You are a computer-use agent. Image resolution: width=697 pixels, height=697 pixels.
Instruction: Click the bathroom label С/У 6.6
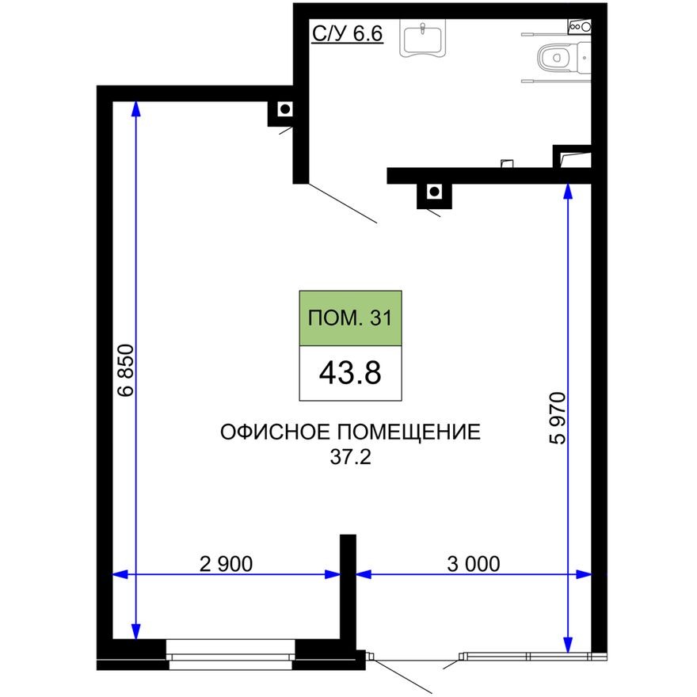pyautogui.click(x=347, y=36)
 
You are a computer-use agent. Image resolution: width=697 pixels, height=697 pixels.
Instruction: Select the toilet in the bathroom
pyautogui.click(x=559, y=57)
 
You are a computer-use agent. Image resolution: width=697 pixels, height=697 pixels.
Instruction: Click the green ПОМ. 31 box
pyautogui.click(x=349, y=318)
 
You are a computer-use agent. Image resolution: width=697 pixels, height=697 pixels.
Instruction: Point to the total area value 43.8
pyautogui.click(x=349, y=373)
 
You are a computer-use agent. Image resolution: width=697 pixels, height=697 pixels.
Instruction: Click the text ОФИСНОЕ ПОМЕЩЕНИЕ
pyautogui.click(x=349, y=432)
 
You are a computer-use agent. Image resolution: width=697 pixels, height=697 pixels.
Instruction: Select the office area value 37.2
pyautogui.click(x=349, y=457)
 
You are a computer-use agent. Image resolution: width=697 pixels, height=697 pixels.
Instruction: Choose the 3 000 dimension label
pyautogui.click(x=473, y=564)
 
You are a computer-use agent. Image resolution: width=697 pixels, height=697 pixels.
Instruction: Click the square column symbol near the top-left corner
pyautogui.click(x=284, y=109)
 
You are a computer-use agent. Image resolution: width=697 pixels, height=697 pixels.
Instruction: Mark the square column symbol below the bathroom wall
pyautogui.click(x=433, y=192)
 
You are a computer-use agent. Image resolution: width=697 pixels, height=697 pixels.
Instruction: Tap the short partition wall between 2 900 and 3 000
pyautogui.click(x=348, y=590)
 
